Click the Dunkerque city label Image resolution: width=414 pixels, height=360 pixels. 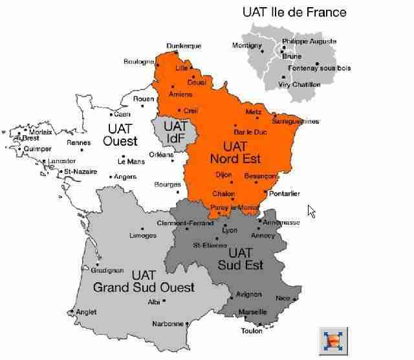point(184,46)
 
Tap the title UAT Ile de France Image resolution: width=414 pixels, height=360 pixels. point(294,12)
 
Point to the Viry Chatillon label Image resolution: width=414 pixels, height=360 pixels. point(299,85)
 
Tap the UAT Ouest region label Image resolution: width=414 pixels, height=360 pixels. point(122,135)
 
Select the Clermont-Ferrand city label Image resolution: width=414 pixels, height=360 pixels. point(185,223)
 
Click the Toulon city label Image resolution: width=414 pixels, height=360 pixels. point(252,331)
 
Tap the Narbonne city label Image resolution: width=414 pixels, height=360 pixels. point(168,324)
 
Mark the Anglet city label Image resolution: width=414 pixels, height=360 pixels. point(86,312)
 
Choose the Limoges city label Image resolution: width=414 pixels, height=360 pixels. point(144,236)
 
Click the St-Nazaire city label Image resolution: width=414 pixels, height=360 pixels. point(80,172)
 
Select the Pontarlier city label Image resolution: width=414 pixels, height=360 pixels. point(285,194)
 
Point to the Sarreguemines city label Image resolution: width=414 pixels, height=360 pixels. point(296,121)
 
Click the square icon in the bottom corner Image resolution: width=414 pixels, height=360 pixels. point(334,341)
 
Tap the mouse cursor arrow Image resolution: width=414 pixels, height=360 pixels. point(312,211)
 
